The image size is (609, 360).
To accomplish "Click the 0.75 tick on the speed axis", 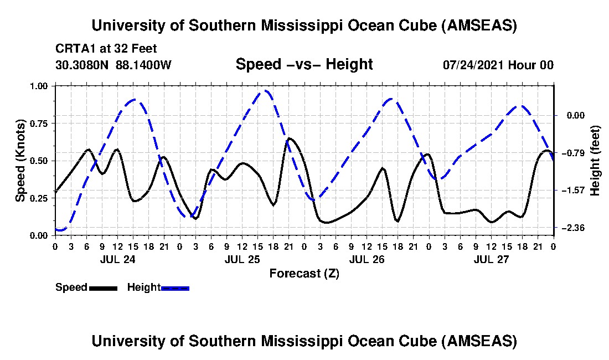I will click(42, 124).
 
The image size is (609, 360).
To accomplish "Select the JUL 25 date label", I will click(242, 259).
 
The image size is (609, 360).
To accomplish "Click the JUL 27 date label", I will click(492, 259).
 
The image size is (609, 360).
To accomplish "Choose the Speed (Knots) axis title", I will click(20, 161).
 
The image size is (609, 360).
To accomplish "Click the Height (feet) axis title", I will click(595, 161).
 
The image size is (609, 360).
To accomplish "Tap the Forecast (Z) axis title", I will click(304, 273).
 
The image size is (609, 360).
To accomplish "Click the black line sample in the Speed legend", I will click(103, 288).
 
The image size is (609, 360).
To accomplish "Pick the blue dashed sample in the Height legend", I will click(175, 288).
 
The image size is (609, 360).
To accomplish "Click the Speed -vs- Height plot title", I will click(304, 64).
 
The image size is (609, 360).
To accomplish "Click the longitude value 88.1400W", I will click(144, 65).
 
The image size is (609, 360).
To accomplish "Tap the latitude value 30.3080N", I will click(82, 65).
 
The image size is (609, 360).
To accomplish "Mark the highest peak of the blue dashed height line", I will click(266, 90).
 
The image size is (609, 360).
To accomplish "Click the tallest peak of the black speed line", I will click(289, 138).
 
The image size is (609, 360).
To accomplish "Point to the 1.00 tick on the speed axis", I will click(42, 86).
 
